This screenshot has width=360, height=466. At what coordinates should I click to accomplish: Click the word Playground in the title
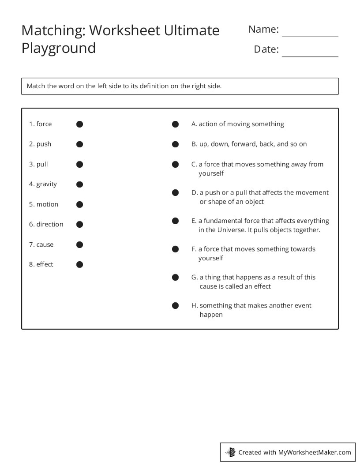(59, 48)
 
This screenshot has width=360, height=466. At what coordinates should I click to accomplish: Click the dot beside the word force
(79, 124)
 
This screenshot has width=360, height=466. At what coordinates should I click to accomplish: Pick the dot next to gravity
(79, 184)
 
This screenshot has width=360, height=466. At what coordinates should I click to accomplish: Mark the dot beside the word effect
(79, 265)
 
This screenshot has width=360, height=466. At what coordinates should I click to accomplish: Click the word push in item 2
(44, 144)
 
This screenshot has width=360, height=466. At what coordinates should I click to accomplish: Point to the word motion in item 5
(47, 204)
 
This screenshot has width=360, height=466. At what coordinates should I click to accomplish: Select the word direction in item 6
(50, 224)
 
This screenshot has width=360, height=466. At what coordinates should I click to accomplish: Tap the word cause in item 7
(45, 244)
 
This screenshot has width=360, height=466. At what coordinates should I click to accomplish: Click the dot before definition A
(175, 124)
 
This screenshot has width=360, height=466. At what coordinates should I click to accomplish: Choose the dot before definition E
(175, 221)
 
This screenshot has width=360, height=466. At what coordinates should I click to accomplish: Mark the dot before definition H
(175, 306)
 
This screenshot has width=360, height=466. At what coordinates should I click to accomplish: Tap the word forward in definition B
(242, 144)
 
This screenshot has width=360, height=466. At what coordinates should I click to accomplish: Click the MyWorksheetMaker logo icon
(230, 452)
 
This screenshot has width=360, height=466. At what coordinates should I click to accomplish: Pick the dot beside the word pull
(79, 165)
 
